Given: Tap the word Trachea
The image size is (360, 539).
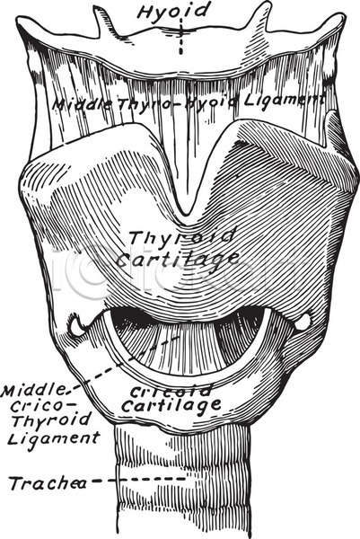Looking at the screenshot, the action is [x=48, y=483].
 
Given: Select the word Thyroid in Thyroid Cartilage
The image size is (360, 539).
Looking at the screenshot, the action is [x=182, y=236].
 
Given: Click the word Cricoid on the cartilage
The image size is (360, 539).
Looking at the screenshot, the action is [x=171, y=391].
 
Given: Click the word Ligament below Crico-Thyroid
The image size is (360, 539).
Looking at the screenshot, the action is [x=53, y=438].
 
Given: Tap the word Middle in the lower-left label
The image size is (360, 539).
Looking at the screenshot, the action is [x=33, y=391].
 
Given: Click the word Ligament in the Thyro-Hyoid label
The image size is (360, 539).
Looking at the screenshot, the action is [x=284, y=101].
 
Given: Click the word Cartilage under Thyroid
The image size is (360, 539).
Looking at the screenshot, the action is [x=176, y=260].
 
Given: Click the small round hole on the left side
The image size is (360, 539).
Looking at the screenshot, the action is [x=76, y=325].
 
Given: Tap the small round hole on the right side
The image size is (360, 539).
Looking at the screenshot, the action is [x=303, y=323].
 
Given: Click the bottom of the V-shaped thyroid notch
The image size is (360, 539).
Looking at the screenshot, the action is [x=186, y=214].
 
